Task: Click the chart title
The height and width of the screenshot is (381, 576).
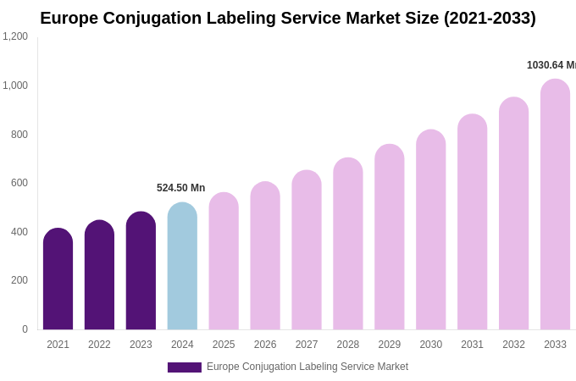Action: pos(288,18)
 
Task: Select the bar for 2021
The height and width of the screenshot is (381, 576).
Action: pos(58,279)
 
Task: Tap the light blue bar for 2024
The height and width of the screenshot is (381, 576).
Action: pos(182,267)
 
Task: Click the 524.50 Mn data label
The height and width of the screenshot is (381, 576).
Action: pos(180,188)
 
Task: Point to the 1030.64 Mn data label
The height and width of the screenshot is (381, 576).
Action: pos(551,65)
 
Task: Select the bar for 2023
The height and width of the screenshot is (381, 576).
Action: pos(141,271)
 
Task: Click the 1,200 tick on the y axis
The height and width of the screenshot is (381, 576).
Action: pos(15,36)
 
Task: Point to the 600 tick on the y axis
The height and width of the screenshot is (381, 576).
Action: pos(19,183)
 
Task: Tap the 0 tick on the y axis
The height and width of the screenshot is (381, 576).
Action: pos(25,329)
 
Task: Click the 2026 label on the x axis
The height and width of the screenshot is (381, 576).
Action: pos(265,345)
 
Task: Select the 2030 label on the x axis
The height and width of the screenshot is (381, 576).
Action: pos(430,345)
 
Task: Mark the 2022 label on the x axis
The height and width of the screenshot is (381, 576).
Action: pos(99,345)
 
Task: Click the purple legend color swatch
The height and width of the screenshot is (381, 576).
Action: pos(184,367)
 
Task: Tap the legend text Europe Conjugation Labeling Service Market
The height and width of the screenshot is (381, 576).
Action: pos(307,367)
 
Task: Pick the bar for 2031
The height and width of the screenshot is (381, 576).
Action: pos(472,222)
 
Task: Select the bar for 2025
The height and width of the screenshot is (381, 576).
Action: pos(224,262)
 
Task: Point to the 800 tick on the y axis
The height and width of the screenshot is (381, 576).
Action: pos(19,135)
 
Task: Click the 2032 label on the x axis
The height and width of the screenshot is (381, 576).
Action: pos(513,345)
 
